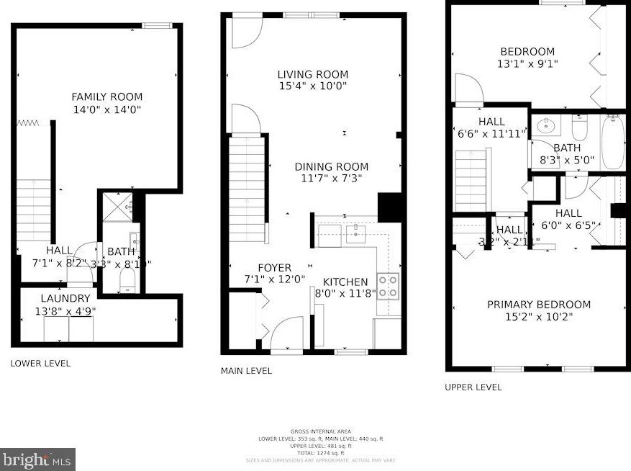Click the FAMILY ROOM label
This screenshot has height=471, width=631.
(x=106, y=97)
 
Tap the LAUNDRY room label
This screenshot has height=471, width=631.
(x=65, y=298)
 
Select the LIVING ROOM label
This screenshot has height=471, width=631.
(x=312, y=74)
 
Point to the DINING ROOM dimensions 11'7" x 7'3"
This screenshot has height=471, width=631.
(x=331, y=178)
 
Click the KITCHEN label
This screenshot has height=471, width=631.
(x=345, y=282)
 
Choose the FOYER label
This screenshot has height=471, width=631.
(x=274, y=267)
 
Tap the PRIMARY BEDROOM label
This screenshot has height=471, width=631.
(x=538, y=305)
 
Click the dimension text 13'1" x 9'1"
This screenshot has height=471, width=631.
(x=527, y=63)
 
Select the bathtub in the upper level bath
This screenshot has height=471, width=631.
(x=613, y=142)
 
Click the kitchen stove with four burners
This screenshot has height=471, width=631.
(x=389, y=285)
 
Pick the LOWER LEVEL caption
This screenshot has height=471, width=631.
(x=40, y=364)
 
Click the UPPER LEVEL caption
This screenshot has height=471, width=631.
(x=473, y=387)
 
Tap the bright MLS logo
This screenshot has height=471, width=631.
(x=37, y=459)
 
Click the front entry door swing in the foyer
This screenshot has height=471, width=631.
(x=285, y=333)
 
